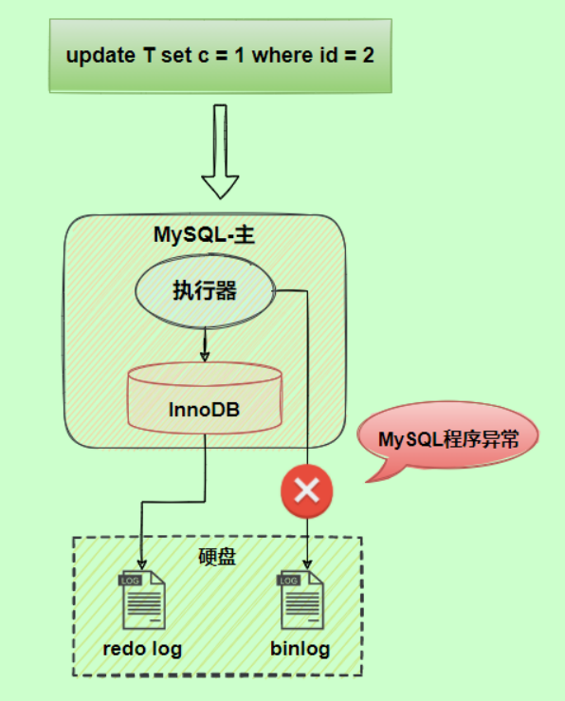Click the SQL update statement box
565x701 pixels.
pos(219,55)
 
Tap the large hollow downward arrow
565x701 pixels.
pos(220,152)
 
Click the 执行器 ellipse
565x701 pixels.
pos(205,291)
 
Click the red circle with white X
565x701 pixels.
pos(307,491)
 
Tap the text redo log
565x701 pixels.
pos(141,650)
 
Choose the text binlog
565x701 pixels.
pos(301,650)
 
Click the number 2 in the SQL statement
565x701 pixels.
pos(368,55)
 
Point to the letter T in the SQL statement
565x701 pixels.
pos(149,55)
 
